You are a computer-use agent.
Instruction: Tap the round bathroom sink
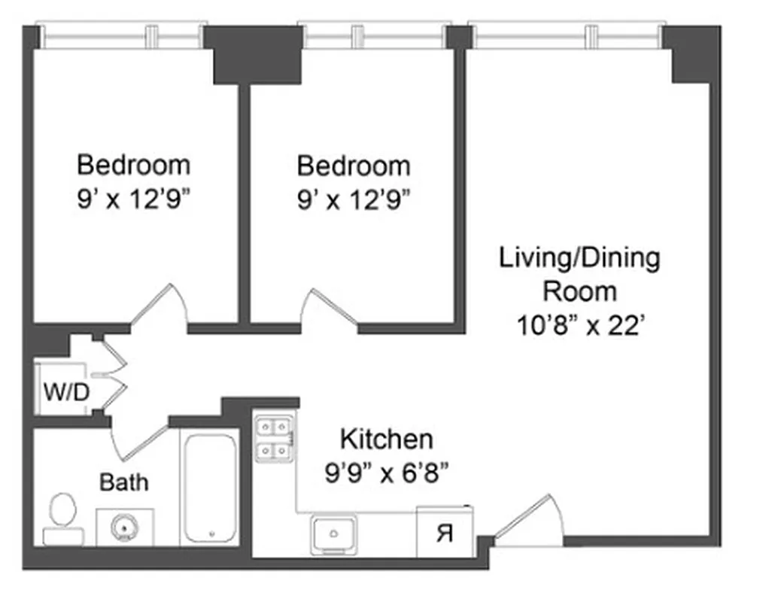(124, 527)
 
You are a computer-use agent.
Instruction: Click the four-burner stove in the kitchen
(274, 439)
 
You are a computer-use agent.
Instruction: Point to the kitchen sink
(334, 535)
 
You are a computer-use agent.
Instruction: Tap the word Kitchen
(386, 439)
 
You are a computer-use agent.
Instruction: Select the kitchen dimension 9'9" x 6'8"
(387, 473)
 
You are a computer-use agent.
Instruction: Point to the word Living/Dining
(579, 258)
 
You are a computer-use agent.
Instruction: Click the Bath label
(124, 482)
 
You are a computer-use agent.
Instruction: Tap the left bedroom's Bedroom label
(134, 164)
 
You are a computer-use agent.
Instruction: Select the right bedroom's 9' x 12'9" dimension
(354, 199)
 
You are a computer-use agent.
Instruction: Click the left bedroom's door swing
(160, 309)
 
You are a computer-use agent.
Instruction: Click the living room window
(568, 36)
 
